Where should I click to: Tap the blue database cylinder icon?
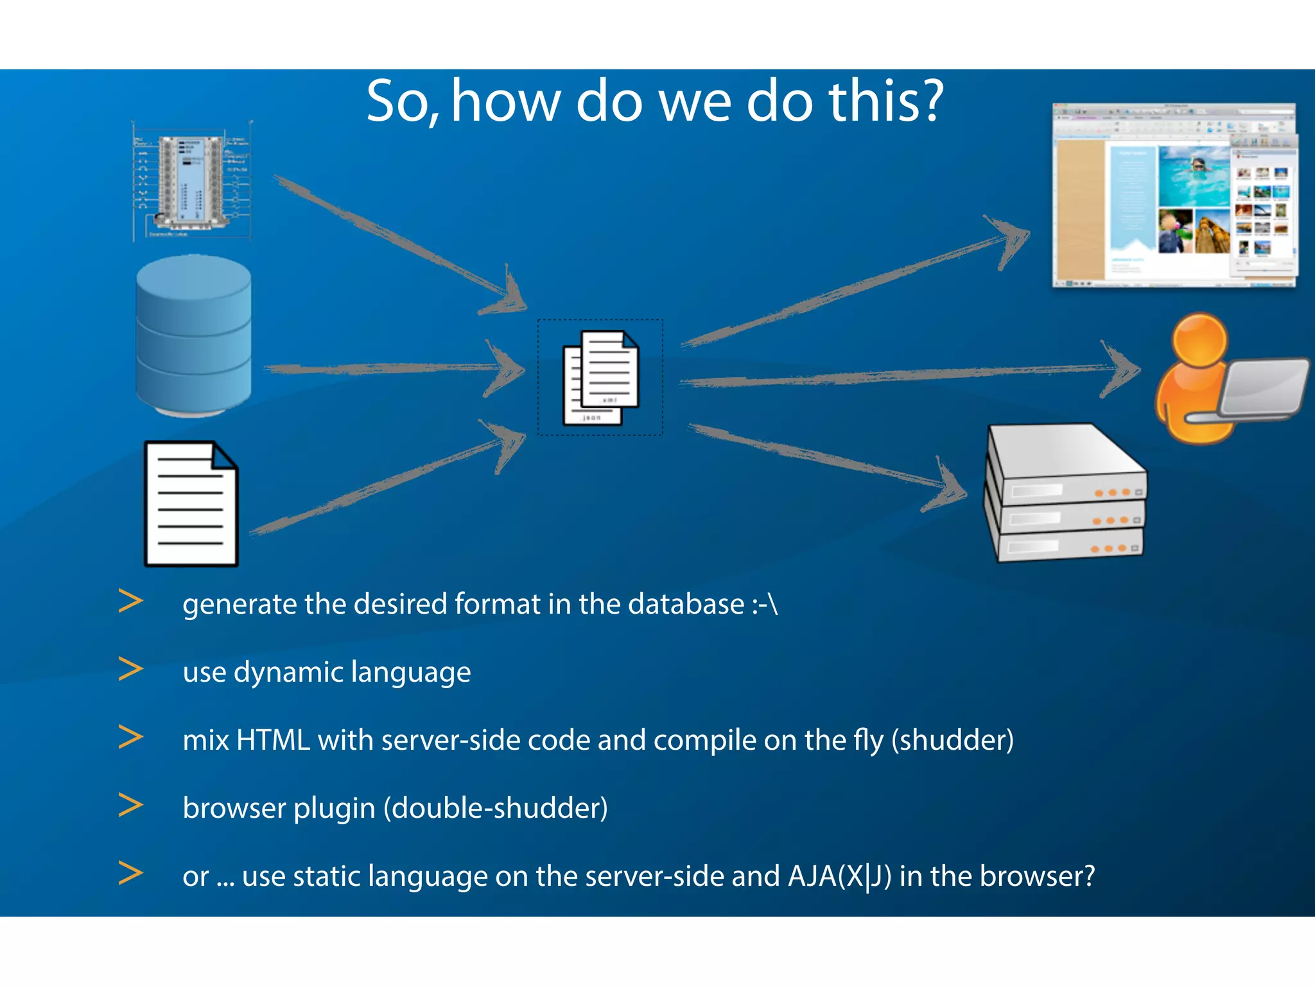click(194, 335)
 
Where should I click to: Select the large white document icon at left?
click(191, 504)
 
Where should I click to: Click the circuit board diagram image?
click(191, 182)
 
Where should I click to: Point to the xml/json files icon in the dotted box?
click(600, 377)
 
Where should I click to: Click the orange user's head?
click(1199, 340)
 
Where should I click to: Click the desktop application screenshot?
click(1174, 196)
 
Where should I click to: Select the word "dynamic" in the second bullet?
click(288, 673)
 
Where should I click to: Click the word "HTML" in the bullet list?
click(273, 740)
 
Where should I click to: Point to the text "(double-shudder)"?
click(495, 808)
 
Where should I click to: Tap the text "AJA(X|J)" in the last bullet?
click(840, 876)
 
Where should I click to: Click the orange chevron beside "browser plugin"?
click(131, 806)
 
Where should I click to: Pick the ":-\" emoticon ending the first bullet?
click(765, 605)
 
